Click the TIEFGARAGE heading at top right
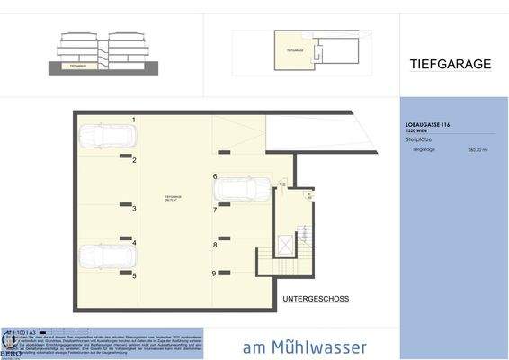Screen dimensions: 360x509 tap(450, 64)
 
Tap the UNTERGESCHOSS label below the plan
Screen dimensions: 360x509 tap(315, 298)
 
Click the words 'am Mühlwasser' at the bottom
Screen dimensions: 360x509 tap(304, 346)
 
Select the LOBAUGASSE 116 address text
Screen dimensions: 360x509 tap(430, 125)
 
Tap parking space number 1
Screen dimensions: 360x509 tap(134, 120)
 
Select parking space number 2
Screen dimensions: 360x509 tap(134, 160)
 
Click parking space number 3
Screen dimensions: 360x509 tap(134, 209)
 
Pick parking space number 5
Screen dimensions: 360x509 tap(134, 275)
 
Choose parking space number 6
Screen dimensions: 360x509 tap(215, 176)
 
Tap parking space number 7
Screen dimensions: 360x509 tap(215, 210)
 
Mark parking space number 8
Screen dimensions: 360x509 tap(215, 245)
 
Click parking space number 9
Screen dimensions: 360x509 tap(215, 274)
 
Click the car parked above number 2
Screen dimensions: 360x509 tap(106, 137)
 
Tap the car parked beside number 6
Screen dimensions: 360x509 tap(241, 190)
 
